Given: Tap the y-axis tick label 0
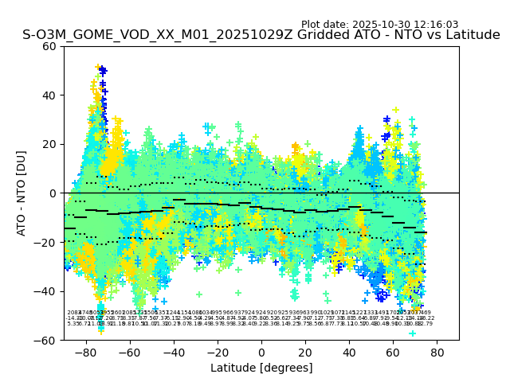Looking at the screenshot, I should tap(53, 193).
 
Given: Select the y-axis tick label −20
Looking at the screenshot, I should tap(47, 242).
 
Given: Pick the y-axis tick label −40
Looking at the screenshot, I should tap(47, 291).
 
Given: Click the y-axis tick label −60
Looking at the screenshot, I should tap(47, 340).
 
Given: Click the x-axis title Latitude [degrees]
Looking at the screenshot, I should tap(261, 368).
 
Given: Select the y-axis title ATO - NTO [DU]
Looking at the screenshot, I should tap(22, 193).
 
